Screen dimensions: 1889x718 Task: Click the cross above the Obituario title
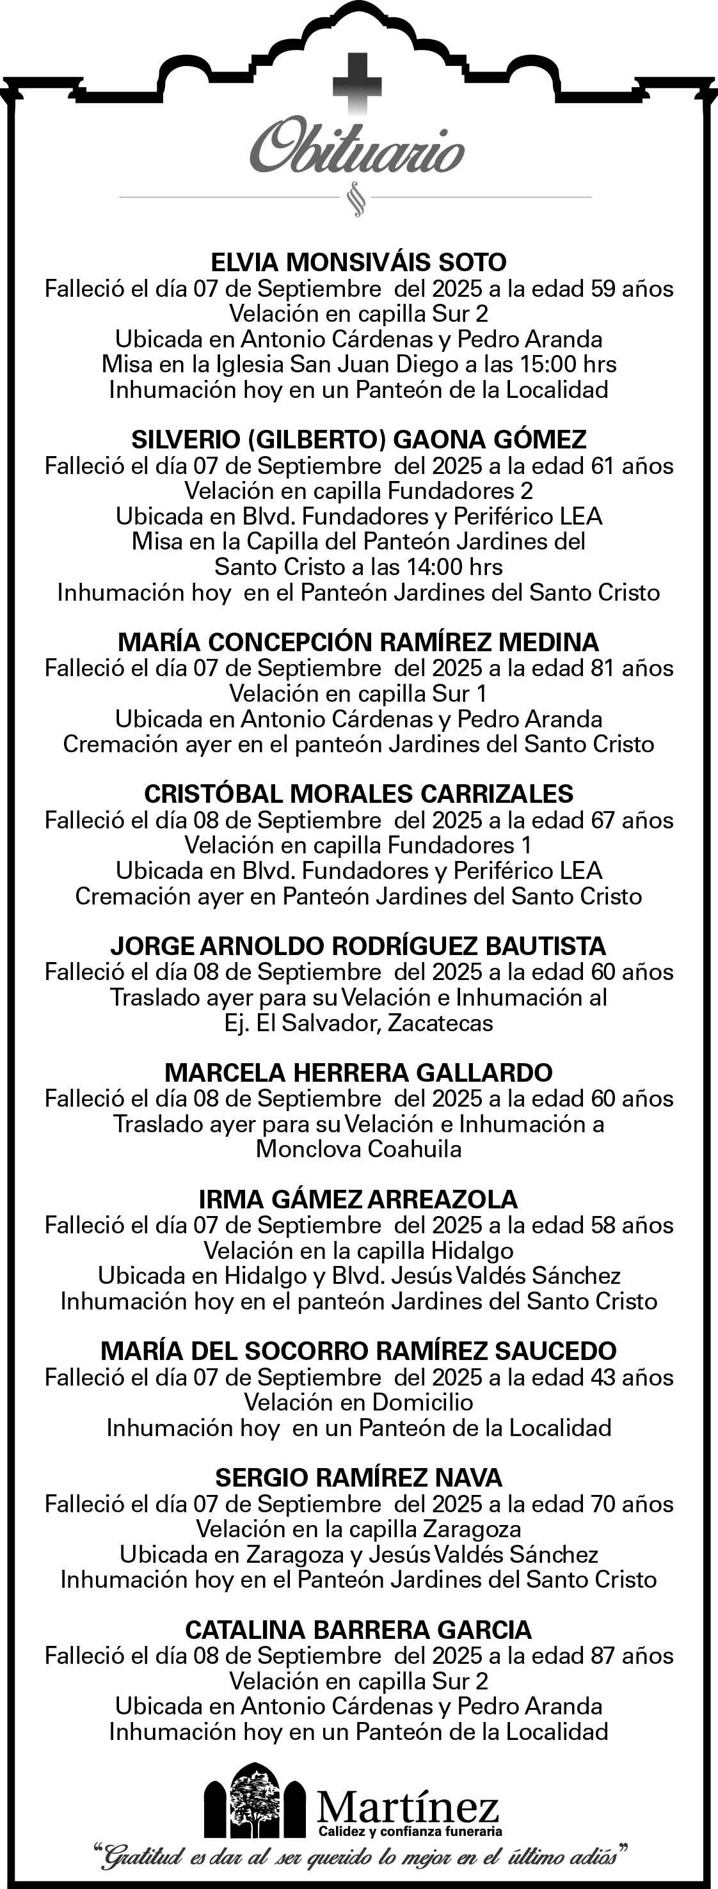click(357, 84)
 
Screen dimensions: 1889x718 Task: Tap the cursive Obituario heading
click(357, 150)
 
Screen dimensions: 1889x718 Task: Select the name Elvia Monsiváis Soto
click(358, 262)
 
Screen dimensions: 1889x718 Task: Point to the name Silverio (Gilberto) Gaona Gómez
click(358, 439)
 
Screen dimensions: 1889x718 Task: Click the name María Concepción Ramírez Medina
click(358, 642)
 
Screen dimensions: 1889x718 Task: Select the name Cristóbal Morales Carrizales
click(358, 793)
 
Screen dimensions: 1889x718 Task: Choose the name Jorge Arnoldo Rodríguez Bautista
click(358, 946)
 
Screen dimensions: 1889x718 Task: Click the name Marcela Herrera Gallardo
click(358, 1072)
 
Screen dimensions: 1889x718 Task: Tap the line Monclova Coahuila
click(358, 1148)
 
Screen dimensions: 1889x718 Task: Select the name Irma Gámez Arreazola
click(358, 1199)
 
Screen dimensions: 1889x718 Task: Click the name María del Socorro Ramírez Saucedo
click(358, 1351)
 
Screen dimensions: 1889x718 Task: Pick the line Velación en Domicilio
click(358, 1402)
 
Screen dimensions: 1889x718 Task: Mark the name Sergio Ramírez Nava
click(358, 1477)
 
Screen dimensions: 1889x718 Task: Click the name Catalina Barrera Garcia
click(358, 1629)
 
